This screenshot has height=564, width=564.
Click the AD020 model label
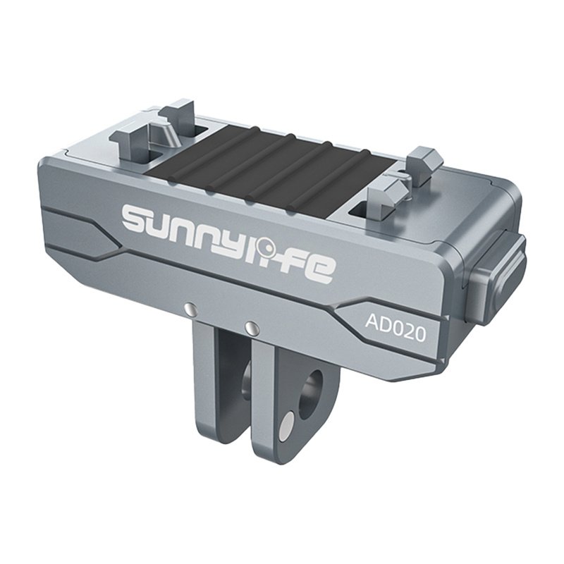395,324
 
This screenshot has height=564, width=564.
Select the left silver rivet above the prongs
190,308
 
